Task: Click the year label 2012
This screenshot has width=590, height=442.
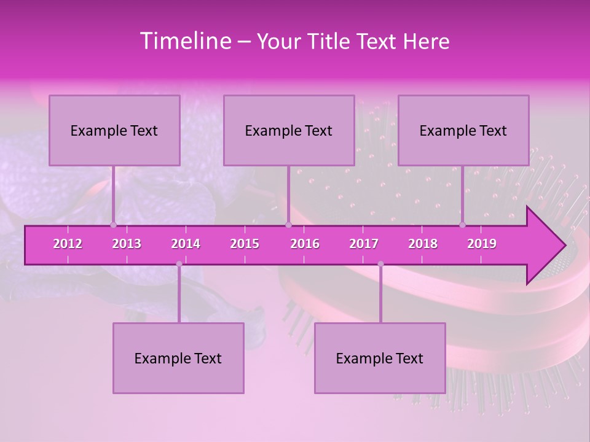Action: [x=68, y=244]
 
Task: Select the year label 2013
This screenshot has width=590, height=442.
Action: [x=127, y=244]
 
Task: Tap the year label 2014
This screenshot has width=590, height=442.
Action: [x=186, y=244]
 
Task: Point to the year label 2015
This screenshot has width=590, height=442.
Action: [x=245, y=244]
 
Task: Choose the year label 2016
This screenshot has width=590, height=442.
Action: [x=305, y=244]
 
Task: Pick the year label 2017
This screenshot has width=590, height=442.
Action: [x=364, y=244]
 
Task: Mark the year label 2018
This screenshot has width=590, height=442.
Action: [x=423, y=244]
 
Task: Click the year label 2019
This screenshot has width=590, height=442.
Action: [x=482, y=244]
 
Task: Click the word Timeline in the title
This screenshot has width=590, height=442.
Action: [x=184, y=41]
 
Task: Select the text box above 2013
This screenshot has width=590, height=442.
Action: [x=114, y=130]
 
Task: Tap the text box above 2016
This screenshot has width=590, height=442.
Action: [x=289, y=130]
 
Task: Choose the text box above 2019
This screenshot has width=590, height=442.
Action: [x=463, y=130]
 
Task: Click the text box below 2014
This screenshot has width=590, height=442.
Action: [x=178, y=358]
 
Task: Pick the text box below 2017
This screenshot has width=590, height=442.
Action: [x=380, y=358]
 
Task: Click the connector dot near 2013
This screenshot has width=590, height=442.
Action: [x=113, y=225]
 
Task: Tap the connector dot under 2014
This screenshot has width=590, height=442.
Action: [x=179, y=264]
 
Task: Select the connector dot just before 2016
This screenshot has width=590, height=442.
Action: [x=288, y=225]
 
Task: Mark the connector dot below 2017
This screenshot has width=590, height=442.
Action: [x=380, y=264]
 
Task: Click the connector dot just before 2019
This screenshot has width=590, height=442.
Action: [x=462, y=225]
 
